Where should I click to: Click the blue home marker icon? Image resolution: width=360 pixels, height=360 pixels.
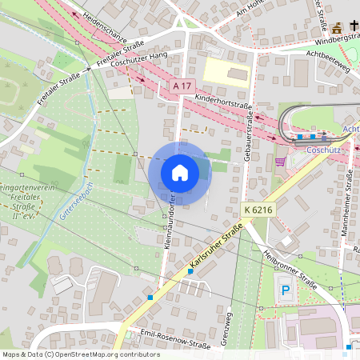click(x=180, y=173)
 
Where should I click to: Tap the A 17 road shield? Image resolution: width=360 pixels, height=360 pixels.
click(x=182, y=86)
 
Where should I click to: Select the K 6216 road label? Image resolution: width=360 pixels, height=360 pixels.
click(x=255, y=210)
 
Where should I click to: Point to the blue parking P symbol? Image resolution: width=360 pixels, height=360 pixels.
click(x=285, y=290)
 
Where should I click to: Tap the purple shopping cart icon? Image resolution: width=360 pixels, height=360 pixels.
click(x=279, y=161)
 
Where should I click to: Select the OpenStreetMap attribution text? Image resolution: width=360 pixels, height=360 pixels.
click(x=81, y=354)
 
